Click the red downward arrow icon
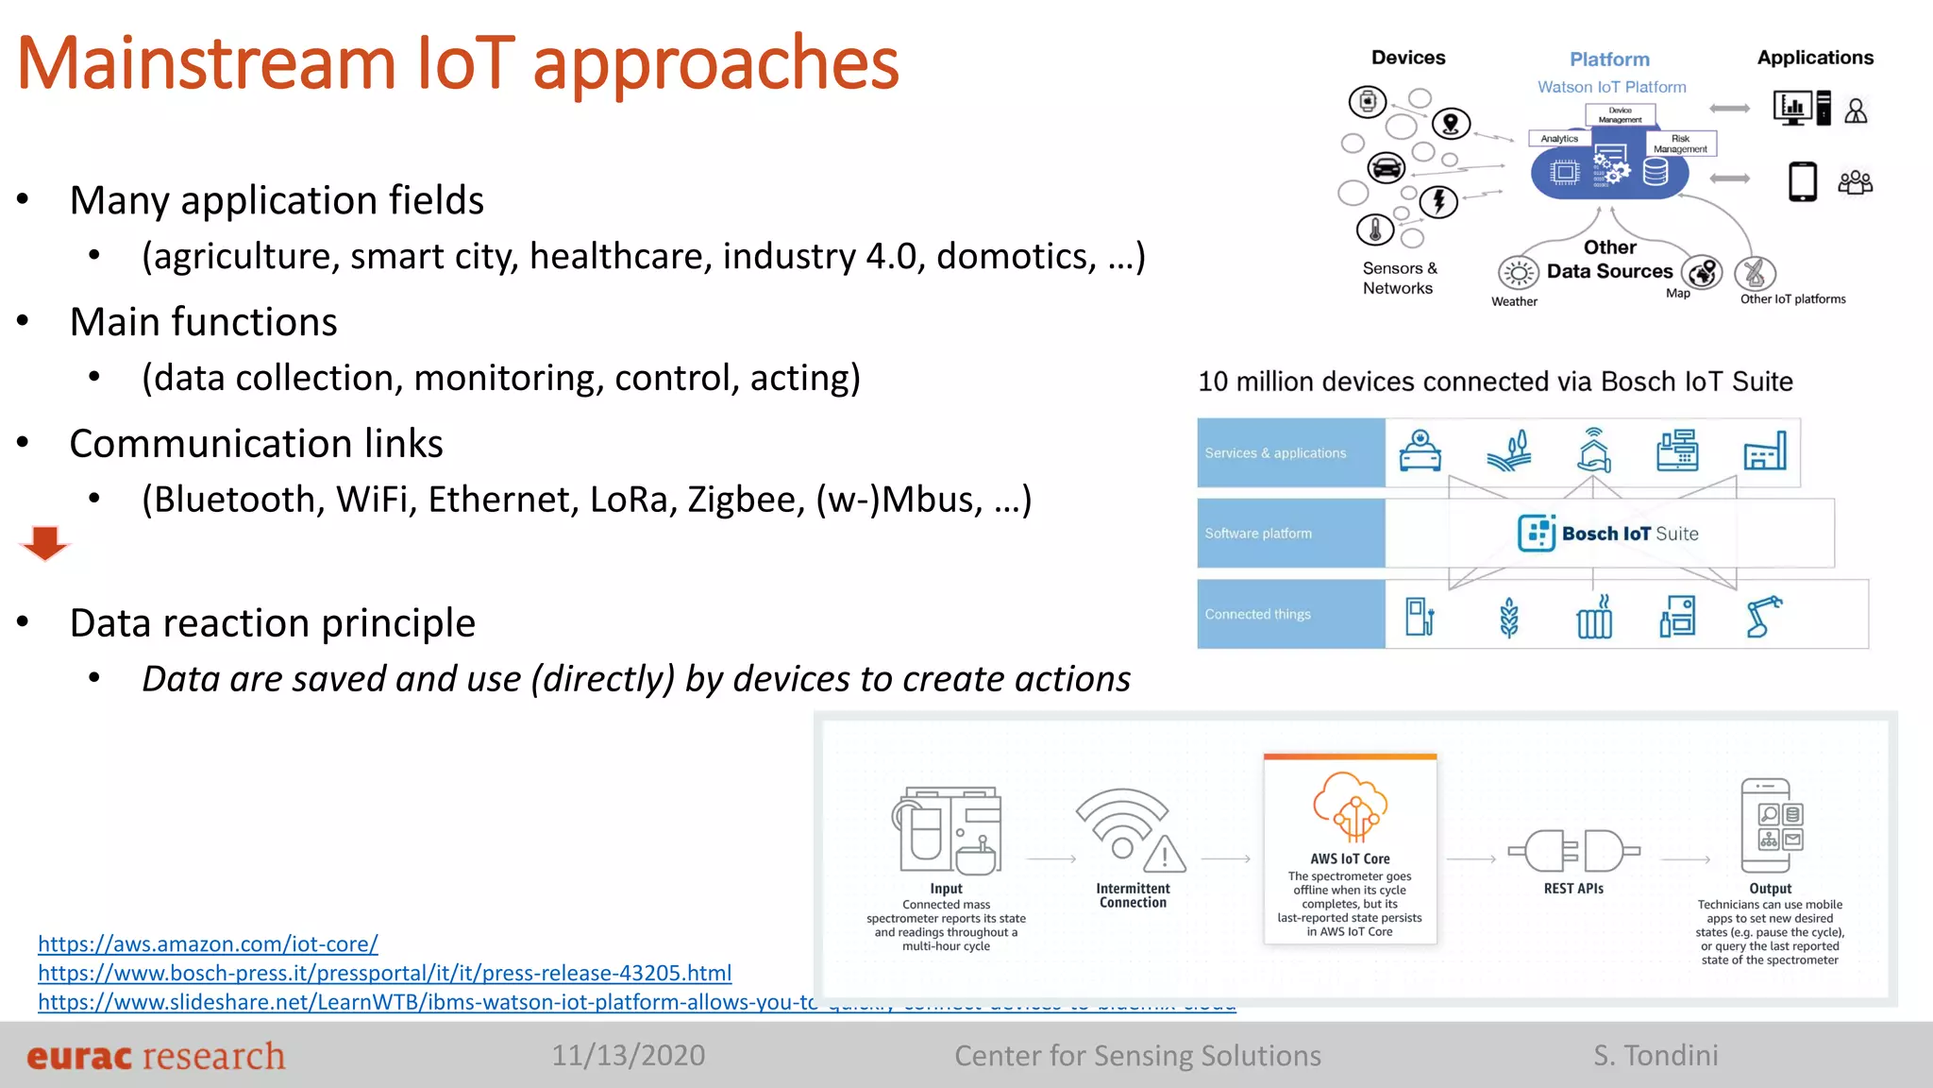tap(44, 543)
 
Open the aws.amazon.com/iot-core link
tap(208, 943)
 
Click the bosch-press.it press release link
tap(384, 973)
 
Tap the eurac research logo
tap(156, 1056)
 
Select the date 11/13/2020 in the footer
tap(628, 1055)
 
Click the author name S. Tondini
tap(1656, 1055)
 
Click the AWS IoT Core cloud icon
tap(1350, 807)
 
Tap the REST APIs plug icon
tap(1573, 851)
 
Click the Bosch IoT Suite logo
tap(1608, 534)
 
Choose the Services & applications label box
tap(1290, 453)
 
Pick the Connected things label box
tap(1290, 614)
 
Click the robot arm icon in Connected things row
tap(1762, 617)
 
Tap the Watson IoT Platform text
tap(1611, 87)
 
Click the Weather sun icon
tap(1518, 274)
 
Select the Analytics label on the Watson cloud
tap(1558, 139)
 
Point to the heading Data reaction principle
tap(272, 623)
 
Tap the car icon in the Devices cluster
tap(1386, 168)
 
